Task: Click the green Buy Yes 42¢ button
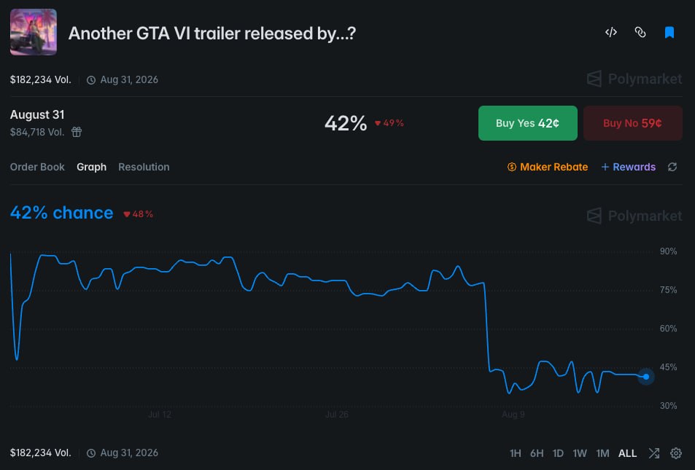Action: tap(527, 123)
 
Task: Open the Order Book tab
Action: tap(37, 167)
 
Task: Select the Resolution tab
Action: tap(144, 167)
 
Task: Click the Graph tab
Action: tap(91, 167)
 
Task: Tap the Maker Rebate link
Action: tap(548, 167)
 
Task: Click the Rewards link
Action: tap(628, 167)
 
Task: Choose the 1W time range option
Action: tap(579, 453)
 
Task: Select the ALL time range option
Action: tap(627, 453)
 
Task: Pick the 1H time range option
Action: tap(515, 453)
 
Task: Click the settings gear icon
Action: tap(676, 453)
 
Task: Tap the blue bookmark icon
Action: tap(669, 32)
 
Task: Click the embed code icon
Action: tap(611, 32)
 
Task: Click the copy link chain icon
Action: tap(640, 32)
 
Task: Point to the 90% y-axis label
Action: tap(668, 251)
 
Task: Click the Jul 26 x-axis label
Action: tap(337, 415)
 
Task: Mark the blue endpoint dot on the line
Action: tap(646, 377)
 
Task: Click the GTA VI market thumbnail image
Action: tap(34, 32)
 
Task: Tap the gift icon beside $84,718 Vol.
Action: tap(77, 132)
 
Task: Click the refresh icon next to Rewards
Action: tap(672, 167)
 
